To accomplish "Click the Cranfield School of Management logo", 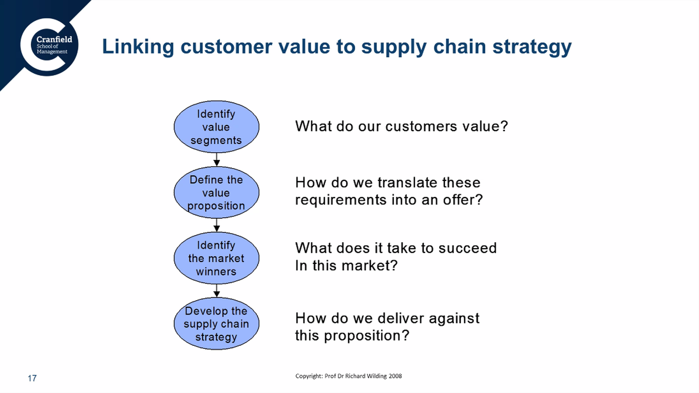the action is tap(49, 47).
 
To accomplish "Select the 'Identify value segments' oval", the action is tap(216, 127).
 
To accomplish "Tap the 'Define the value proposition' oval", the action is tap(216, 192).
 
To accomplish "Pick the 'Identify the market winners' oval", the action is tap(216, 258).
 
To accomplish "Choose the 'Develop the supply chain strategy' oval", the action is tap(216, 323).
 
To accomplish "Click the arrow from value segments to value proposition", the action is tap(217, 159).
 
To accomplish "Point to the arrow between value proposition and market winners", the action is tap(217, 225).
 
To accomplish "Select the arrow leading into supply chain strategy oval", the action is tap(217, 291).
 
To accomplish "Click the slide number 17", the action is tap(32, 378).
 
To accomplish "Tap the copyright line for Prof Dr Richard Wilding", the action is tap(349, 376).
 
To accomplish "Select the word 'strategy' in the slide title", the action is tap(532, 47).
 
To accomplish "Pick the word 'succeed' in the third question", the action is tap(467, 248).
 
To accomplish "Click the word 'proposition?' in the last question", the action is tap(366, 336).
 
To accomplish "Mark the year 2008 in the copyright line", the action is tap(395, 376).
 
